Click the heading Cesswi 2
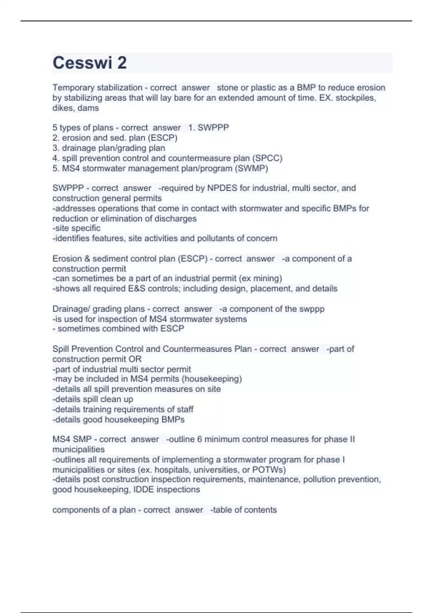[x=89, y=63]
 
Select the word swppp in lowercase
[x=312, y=309]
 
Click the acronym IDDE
[x=143, y=489]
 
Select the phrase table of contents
[x=244, y=510]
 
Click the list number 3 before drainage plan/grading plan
[x=55, y=148]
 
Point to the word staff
[x=185, y=409]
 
